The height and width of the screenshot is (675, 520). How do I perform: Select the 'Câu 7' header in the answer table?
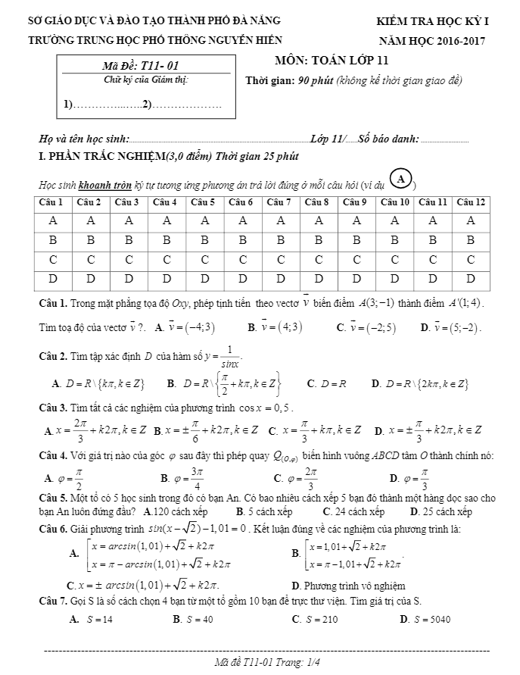281,203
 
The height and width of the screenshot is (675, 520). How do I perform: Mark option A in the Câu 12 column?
471,221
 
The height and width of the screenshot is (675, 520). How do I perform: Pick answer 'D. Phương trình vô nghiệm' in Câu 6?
347,586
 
